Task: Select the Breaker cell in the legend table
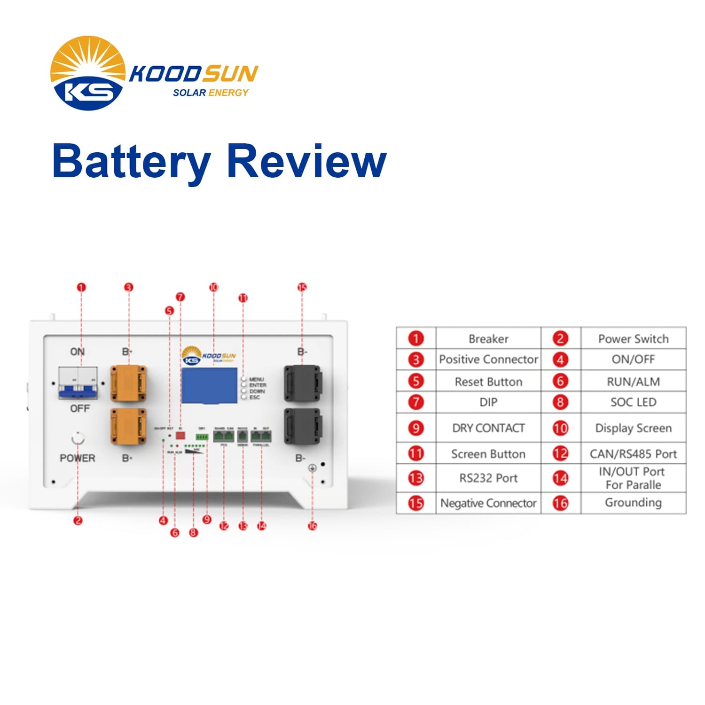click(x=488, y=339)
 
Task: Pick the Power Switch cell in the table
click(x=633, y=339)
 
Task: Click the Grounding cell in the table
click(x=633, y=502)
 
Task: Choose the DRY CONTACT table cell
click(x=488, y=428)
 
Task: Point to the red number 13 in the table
click(x=416, y=478)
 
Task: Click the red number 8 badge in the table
click(x=560, y=402)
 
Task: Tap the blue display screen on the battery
click(x=209, y=385)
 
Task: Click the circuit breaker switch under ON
click(x=78, y=383)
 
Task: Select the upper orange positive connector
click(x=128, y=384)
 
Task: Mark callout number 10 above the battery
click(x=214, y=287)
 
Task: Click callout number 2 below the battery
click(x=78, y=520)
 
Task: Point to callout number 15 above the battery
click(x=302, y=287)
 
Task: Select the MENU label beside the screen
click(x=257, y=379)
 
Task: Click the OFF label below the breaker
click(x=79, y=408)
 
